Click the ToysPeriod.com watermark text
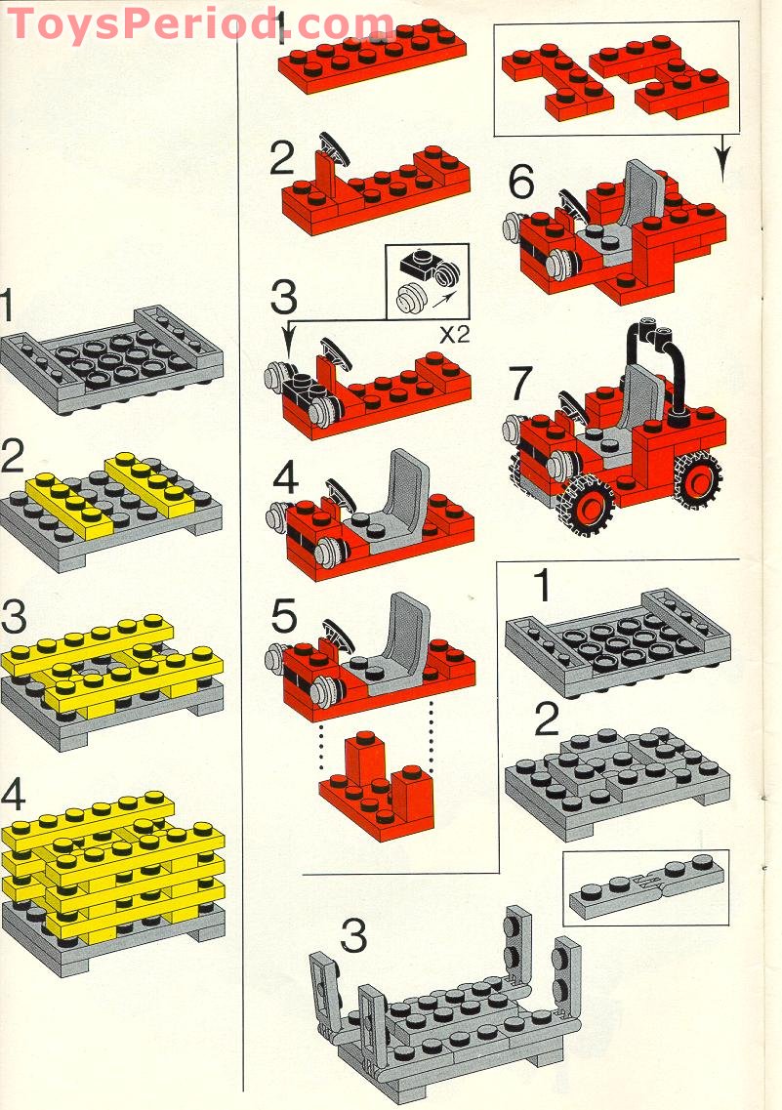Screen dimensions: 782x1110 [x=199, y=23]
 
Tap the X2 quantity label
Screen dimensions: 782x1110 [x=454, y=335]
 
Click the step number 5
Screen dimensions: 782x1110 [x=284, y=616]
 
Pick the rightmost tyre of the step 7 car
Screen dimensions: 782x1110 [x=697, y=481]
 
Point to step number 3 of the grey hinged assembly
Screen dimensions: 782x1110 [x=353, y=936]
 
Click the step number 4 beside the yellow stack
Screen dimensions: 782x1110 [x=13, y=795]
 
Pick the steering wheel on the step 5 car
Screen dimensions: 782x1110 [x=339, y=635]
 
